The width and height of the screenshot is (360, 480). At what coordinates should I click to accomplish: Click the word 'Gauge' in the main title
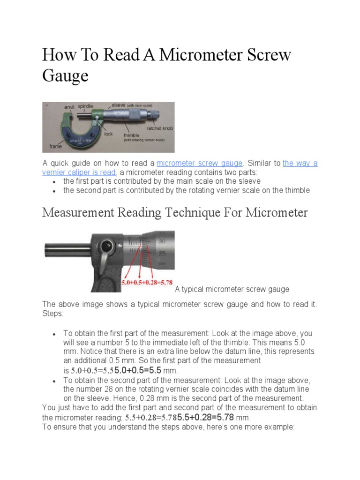(x=65, y=75)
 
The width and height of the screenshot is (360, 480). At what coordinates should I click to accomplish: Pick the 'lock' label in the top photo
(x=109, y=134)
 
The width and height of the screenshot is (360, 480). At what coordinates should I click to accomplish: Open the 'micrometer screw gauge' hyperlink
(x=200, y=163)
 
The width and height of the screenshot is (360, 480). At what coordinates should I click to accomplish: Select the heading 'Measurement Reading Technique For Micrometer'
(x=175, y=212)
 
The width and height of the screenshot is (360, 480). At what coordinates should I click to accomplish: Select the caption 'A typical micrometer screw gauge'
(x=232, y=289)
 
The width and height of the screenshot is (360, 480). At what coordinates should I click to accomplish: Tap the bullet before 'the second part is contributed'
(x=55, y=191)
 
